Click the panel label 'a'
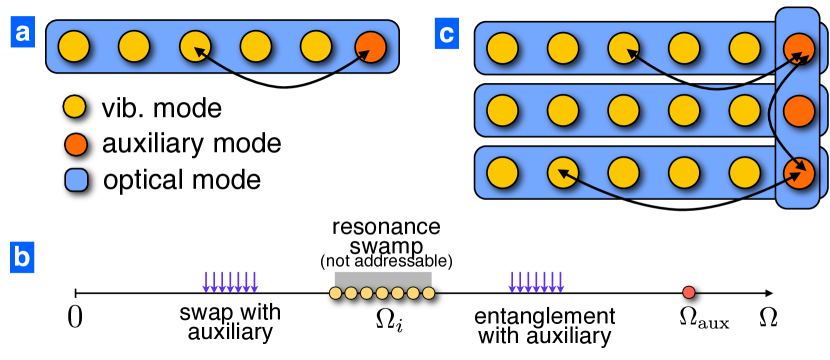click(x=22, y=32)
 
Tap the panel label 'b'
click(x=22, y=257)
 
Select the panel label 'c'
click(x=446, y=33)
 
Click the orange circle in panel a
click(x=370, y=47)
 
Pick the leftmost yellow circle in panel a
click(x=74, y=46)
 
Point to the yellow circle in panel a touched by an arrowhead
click(x=195, y=46)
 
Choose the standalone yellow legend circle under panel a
click(x=75, y=106)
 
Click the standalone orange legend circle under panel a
click(x=76, y=144)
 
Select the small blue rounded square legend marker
click(x=76, y=180)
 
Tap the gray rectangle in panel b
click(x=383, y=279)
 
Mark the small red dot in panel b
click(x=689, y=292)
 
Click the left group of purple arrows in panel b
click(x=230, y=282)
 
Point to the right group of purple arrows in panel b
click(x=536, y=282)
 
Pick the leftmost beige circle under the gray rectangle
click(x=336, y=293)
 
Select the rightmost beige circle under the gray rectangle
click(x=429, y=293)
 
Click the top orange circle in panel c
click(x=799, y=48)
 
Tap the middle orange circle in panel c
click(x=799, y=111)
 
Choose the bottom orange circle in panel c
click(x=799, y=173)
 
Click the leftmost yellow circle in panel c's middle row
click(x=502, y=110)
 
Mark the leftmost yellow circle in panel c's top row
click(x=502, y=48)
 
